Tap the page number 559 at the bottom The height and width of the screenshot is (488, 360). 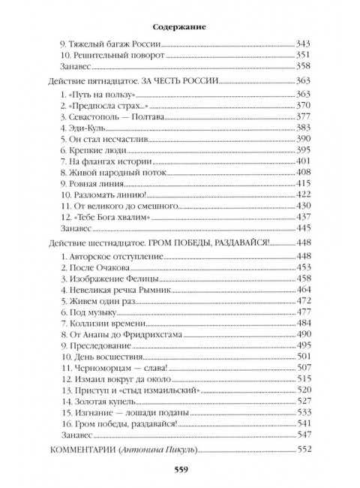[180, 471]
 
